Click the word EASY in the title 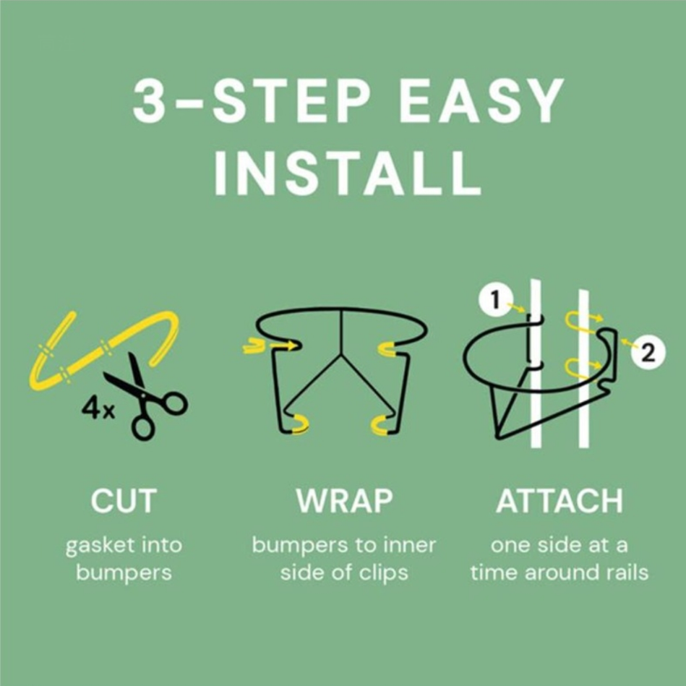481,100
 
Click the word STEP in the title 291,100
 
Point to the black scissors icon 147,396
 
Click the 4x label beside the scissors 98,409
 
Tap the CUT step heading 124,500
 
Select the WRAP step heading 344,500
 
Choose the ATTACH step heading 559,500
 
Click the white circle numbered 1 496,301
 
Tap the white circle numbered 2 648,352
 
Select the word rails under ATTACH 626,573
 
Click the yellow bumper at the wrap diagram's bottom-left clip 300,424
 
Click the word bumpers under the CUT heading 124,573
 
